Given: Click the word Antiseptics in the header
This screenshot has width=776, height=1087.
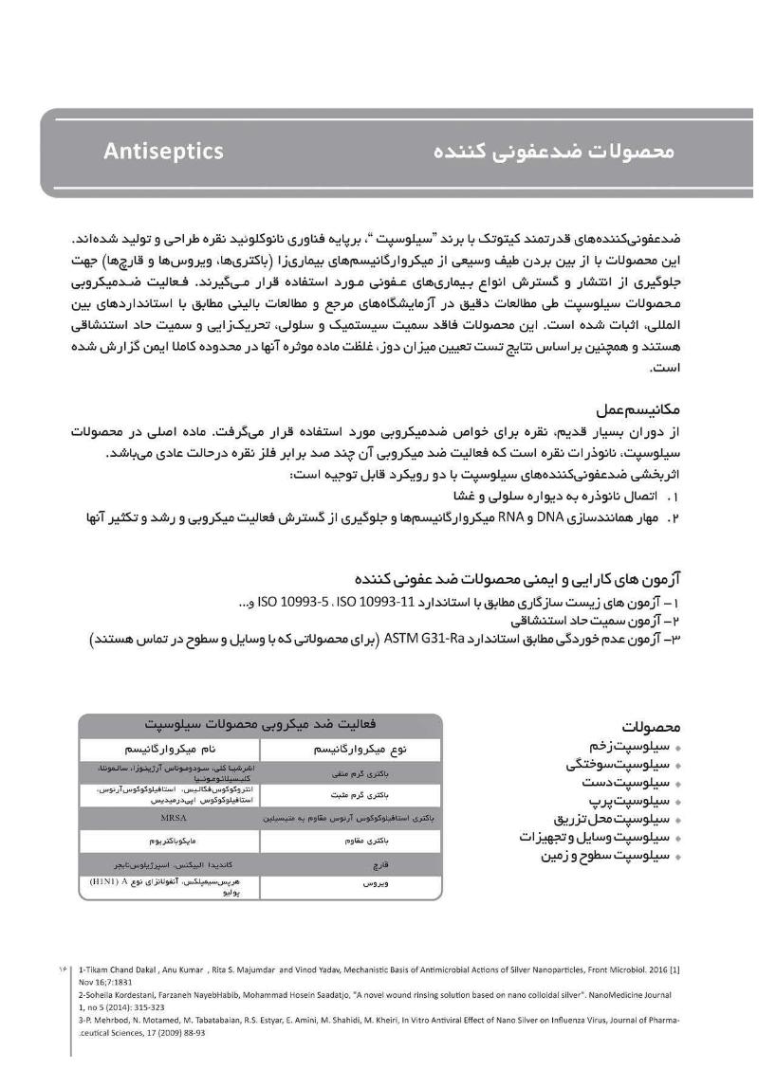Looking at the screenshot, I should click(x=164, y=152).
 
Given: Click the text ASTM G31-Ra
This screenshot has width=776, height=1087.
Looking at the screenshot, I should click(x=423, y=639).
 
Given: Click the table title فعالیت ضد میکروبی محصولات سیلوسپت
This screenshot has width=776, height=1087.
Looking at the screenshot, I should click(x=261, y=724).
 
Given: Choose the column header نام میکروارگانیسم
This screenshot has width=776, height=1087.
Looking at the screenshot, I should click(x=170, y=749).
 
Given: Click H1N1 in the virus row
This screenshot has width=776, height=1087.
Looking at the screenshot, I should click(x=107, y=880).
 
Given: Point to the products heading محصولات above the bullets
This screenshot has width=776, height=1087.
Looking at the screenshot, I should click(x=652, y=727).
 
